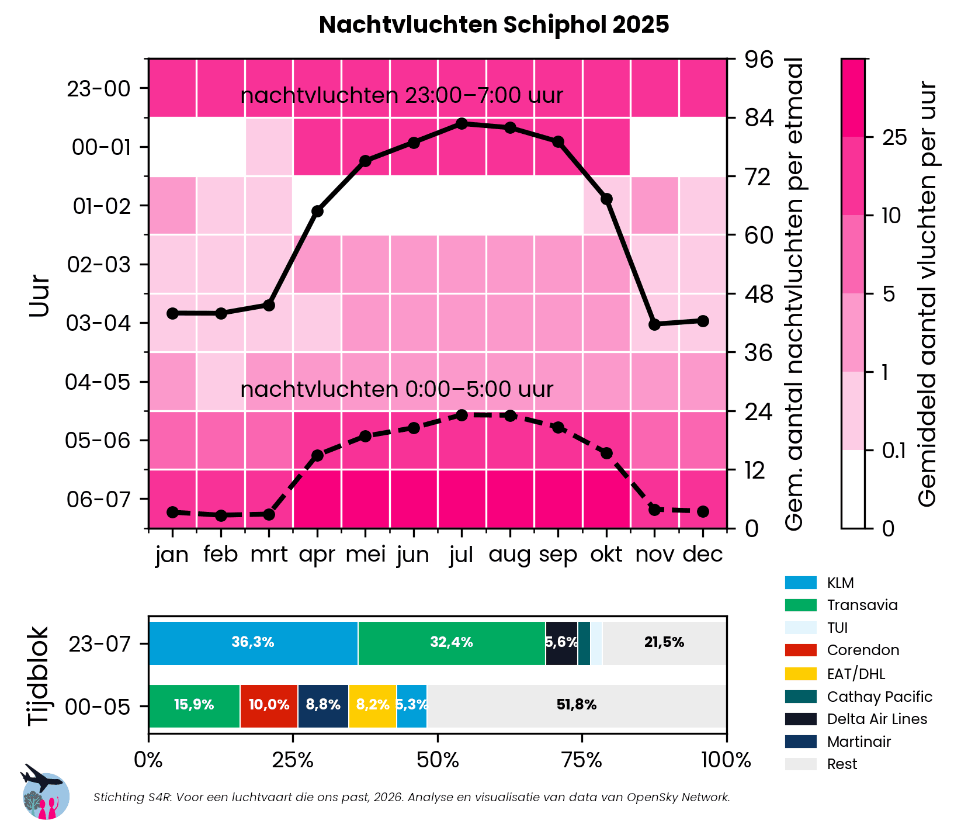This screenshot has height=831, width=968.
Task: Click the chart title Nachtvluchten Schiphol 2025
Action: click(x=494, y=25)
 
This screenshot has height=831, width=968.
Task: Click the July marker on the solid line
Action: click(x=462, y=123)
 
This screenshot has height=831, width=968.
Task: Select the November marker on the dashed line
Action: click(x=654, y=510)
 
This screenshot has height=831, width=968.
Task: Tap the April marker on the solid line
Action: click(x=317, y=211)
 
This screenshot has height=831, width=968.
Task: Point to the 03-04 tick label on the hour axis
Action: click(x=98, y=323)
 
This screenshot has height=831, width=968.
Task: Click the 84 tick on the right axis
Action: click(x=759, y=118)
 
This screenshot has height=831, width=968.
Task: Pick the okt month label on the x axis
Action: click(x=606, y=554)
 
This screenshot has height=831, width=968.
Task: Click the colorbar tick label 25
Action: click(x=894, y=137)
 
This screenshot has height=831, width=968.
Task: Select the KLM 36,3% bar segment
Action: click(x=253, y=643)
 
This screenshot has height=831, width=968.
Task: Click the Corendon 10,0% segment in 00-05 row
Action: click(x=269, y=705)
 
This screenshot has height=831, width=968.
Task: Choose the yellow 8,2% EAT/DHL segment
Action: click(x=372, y=705)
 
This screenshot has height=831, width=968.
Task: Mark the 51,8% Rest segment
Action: click(x=576, y=705)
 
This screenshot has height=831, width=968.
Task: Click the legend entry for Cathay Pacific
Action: click(x=879, y=697)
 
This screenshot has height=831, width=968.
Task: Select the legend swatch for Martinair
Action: click(x=800, y=742)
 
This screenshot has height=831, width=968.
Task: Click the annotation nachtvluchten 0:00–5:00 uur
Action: click(x=397, y=389)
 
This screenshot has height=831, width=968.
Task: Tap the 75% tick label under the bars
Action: click(x=581, y=760)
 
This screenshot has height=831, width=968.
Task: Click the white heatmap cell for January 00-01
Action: click(x=172, y=147)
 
